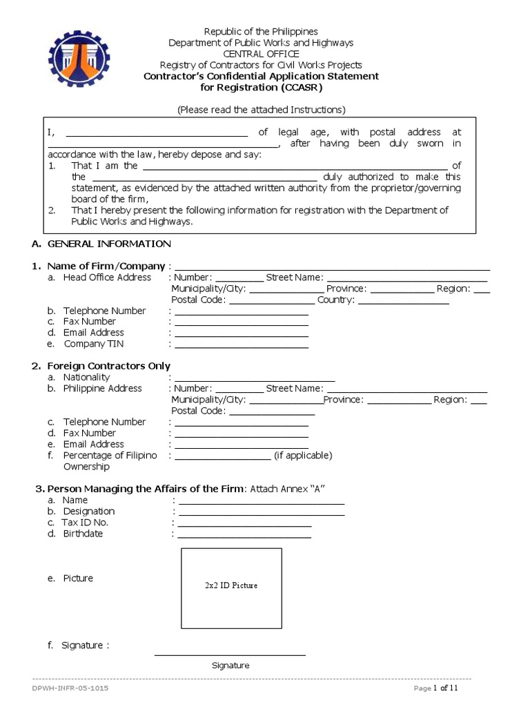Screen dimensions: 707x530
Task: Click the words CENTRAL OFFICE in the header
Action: pyautogui.click(x=260, y=54)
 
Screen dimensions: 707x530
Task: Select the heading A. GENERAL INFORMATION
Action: pyautogui.click(x=101, y=244)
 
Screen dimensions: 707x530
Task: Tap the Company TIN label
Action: pyautogui.click(x=94, y=344)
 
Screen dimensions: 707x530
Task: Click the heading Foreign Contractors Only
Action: pyautogui.click(x=108, y=366)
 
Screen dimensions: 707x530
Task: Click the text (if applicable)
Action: pyautogui.click(x=303, y=456)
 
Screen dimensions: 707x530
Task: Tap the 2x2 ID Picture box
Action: pyautogui.click(x=231, y=588)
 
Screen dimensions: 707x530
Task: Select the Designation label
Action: pyautogui.click(x=89, y=512)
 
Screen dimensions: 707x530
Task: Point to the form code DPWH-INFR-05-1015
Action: pyautogui.click(x=70, y=688)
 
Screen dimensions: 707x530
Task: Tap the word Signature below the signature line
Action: pyautogui.click(x=230, y=666)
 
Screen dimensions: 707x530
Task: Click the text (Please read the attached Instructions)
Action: pyautogui.click(x=261, y=110)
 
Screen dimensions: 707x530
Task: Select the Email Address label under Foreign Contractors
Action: pyautogui.click(x=94, y=445)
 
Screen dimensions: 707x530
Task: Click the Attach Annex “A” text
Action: pyautogui.click(x=287, y=489)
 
